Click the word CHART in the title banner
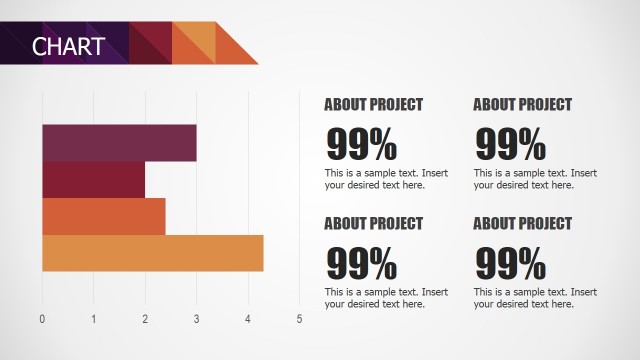click(x=68, y=46)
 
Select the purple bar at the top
click(x=119, y=143)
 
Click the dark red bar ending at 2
click(x=93, y=180)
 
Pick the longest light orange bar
click(x=152, y=253)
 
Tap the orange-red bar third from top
click(x=103, y=216)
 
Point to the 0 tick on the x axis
click(x=42, y=319)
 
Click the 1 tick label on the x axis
click(x=94, y=319)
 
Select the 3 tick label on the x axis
click(x=196, y=319)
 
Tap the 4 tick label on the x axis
click(x=248, y=319)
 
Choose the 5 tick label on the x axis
click(x=299, y=319)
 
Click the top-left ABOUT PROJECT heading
click(x=373, y=104)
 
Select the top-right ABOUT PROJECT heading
click(x=522, y=104)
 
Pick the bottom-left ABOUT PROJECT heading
click(x=373, y=223)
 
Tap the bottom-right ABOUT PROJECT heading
click(x=522, y=223)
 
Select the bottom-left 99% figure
click(x=361, y=265)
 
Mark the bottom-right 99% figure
click(x=510, y=265)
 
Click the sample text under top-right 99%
click(x=534, y=179)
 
